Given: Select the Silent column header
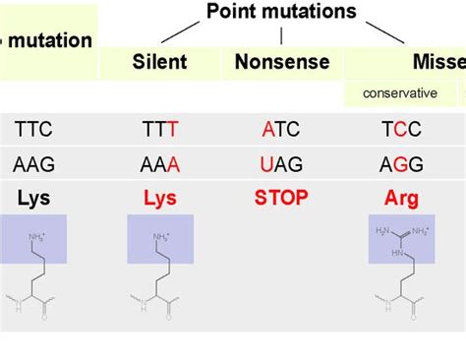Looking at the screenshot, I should [159, 63].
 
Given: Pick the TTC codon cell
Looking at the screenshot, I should [33, 129].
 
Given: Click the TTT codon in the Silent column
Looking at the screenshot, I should [159, 129].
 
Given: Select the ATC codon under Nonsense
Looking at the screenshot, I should [280, 129].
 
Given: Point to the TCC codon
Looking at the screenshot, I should [400, 129].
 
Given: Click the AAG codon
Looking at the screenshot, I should [33, 163].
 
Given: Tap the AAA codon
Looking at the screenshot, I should [159, 163].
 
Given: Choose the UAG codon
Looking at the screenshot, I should [280, 163].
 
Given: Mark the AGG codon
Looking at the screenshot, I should [400, 163].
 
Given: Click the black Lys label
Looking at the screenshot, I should [33, 199].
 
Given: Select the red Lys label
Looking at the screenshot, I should [159, 199].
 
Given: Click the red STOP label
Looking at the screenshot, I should [280, 199].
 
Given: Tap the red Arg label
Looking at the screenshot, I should [400, 199].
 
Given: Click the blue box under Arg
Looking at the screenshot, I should [401, 241].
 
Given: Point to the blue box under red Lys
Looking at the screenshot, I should [160, 241].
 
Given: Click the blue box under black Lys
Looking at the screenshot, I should [34, 241].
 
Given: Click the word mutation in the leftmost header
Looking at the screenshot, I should [53, 41].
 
